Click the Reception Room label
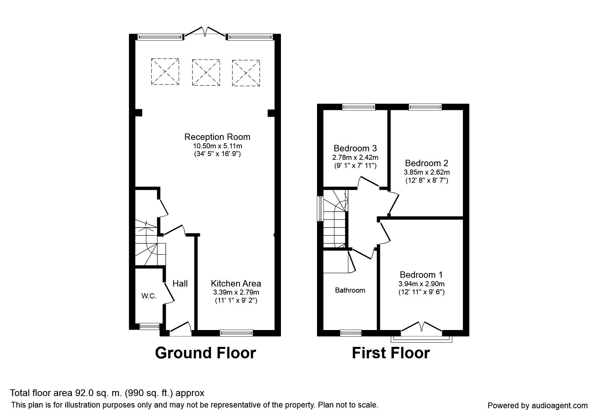click(217, 137)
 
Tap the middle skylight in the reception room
click(206, 72)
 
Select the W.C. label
click(149, 296)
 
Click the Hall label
click(180, 283)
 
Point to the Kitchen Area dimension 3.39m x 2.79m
click(236, 292)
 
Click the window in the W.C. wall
click(149, 326)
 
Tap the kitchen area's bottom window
click(236, 333)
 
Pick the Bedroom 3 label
click(355, 148)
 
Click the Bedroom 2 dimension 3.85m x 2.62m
click(426, 172)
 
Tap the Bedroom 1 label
click(421, 275)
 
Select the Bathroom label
click(350, 290)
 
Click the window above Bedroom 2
click(425, 107)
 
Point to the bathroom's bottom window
click(350, 333)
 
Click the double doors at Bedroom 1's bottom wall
click(421, 329)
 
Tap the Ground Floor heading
click(205, 353)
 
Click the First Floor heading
click(391, 353)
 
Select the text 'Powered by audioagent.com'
click(538, 406)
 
